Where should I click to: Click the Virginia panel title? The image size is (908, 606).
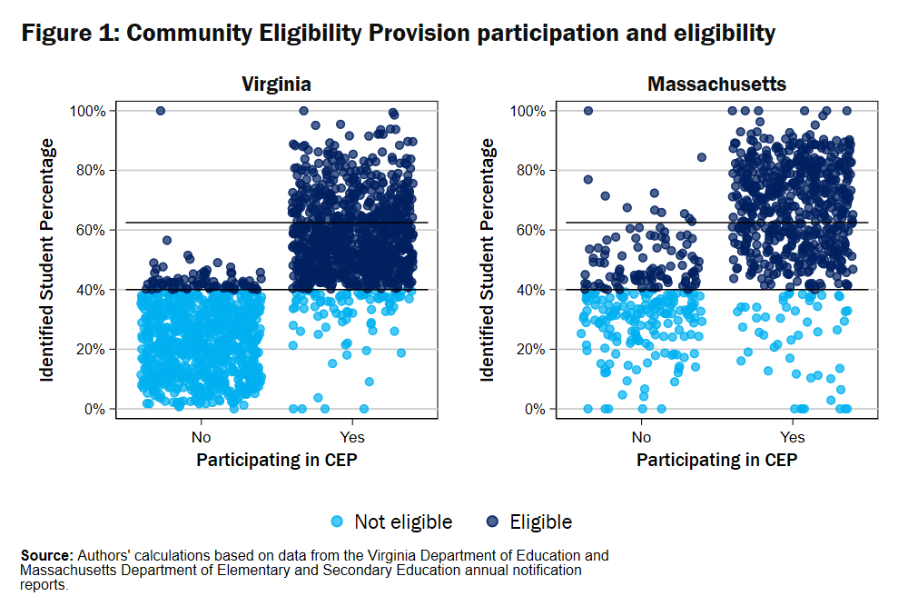click(x=276, y=84)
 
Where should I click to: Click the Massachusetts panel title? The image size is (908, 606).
click(x=716, y=84)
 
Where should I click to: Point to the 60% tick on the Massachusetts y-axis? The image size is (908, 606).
click(x=530, y=230)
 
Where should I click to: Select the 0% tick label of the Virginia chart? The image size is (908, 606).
click(x=94, y=409)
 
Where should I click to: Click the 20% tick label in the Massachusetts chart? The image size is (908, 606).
click(x=530, y=349)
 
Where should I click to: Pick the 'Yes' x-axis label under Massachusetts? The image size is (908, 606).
click(x=793, y=436)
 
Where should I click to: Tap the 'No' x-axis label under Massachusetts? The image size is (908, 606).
click(x=641, y=436)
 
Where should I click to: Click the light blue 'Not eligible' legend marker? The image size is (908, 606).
click(x=338, y=522)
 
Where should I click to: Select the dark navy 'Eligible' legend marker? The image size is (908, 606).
click(x=493, y=522)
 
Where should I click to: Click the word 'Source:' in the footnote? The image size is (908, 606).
click(x=46, y=555)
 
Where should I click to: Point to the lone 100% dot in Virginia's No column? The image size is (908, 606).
click(x=161, y=111)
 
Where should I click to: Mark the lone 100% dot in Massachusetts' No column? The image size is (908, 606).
click(x=587, y=111)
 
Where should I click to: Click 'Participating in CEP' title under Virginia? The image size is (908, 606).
click(x=276, y=460)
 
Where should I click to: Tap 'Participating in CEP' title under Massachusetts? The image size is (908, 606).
click(x=716, y=460)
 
